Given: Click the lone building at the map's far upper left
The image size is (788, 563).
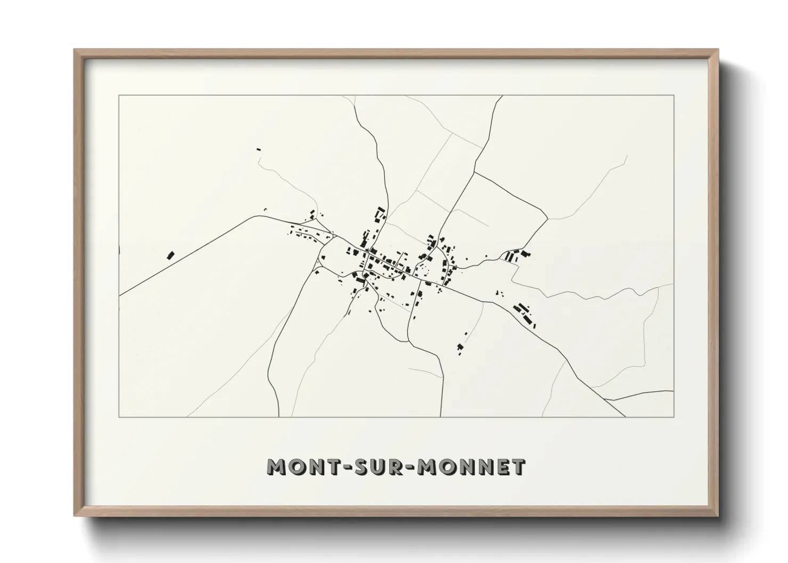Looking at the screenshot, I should tap(259, 150).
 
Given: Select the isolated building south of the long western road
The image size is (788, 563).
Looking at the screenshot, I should tap(171, 255).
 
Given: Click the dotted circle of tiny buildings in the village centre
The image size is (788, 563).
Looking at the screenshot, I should tap(424, 269).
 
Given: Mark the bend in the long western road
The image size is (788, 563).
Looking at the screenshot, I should tap(262, 216).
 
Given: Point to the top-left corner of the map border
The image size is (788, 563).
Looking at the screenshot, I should tap(119, 96).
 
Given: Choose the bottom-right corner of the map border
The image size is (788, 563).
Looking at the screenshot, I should tap(674, 417).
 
